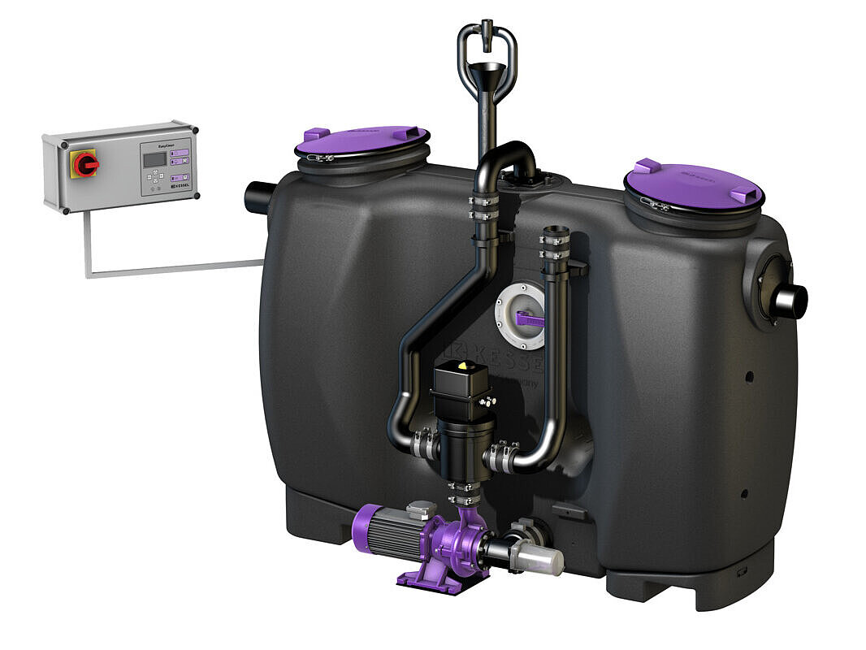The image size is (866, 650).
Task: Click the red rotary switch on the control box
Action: pyautogui.click(x=84, y=163)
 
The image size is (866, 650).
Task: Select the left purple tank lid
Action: pyautogui.click(x=362, y=141)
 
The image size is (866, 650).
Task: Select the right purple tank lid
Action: pyautogui.click(x=693, y=184)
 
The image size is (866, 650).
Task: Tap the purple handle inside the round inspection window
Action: pyautogui.click(x=531, y=319)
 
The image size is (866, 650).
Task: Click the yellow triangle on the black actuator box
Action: pyautogui.click(x=462, y=367)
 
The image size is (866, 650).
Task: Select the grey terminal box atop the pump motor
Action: pyautogui.click(x=421, y=509)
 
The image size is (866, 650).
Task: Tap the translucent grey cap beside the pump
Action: pyautogui.click(x=543, y=561)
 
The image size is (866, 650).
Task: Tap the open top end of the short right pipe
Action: pyautogui.click(x=554, y=232)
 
